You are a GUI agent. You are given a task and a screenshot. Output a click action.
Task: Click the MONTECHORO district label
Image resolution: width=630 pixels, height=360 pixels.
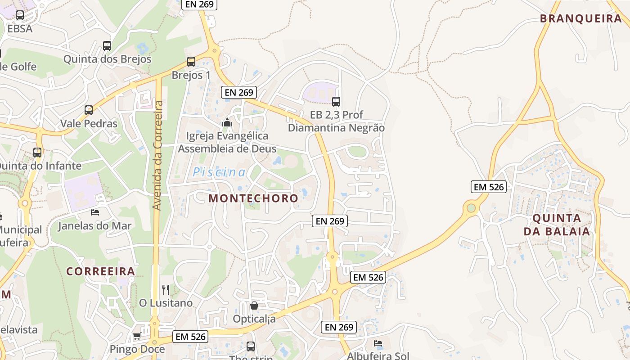pyautogui.click(x=253, y=198)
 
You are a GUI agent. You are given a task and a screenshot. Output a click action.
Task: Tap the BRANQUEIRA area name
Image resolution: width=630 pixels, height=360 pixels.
pyautogui.click(x=580, y=18)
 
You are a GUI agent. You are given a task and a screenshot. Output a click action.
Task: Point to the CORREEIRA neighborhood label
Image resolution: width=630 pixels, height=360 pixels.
pyautogui.click(x=101, y=271)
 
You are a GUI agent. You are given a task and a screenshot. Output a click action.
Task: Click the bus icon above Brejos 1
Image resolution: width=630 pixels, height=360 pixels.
pyautogui.click(x=191, y=62)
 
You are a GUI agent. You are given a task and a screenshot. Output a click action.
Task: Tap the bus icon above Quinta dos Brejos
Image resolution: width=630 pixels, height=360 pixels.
pyautogui.click(x=107, y=45)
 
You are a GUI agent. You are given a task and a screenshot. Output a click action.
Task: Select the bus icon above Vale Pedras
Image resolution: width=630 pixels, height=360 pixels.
pyautogui.click(x=89, y=110)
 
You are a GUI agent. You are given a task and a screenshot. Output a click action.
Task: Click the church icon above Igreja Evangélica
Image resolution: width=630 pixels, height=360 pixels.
pyautogui.click(x=227, y=122)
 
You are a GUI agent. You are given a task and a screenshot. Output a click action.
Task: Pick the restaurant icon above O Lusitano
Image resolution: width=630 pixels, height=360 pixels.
pyautogui.click(x=166, y=289)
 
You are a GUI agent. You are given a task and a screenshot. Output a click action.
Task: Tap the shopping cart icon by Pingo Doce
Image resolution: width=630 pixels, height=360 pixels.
pyautogui.click(x=137, y=336)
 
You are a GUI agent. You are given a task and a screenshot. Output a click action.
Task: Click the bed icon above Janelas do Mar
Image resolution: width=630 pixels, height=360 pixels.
pyautogui.click(x=94, y=212)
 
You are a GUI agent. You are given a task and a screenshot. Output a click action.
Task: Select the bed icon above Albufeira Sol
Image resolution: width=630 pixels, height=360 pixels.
pyautogui.click(x=378, y=343)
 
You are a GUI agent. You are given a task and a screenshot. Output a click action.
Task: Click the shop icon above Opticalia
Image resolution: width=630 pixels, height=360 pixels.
pyautogui.click(x=254, y=306)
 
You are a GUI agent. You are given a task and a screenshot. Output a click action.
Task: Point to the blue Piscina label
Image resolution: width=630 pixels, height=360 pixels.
pyautogui.click(x=219, y=172)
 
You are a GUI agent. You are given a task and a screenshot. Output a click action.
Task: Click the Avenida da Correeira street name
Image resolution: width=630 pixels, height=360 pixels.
pyautogui.click(x=157, y=155)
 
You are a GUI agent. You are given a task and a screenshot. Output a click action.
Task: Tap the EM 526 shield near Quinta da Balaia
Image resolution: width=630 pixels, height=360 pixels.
pyautogui.click(x=489, y=187)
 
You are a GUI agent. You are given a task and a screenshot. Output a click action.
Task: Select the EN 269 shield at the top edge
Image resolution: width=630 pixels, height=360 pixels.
pyautogui.click(x=200, y=4)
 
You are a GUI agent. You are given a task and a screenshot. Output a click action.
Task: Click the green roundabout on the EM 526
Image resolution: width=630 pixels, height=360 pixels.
pyautogui.click(x=471, y=208)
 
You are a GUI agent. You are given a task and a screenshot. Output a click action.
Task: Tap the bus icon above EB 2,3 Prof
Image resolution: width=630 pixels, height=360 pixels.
pyautogui.click(x=336, y=101)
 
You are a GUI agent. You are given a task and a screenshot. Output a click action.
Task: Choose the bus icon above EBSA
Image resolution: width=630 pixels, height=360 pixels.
pyautogui.click(x=20, y=15)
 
